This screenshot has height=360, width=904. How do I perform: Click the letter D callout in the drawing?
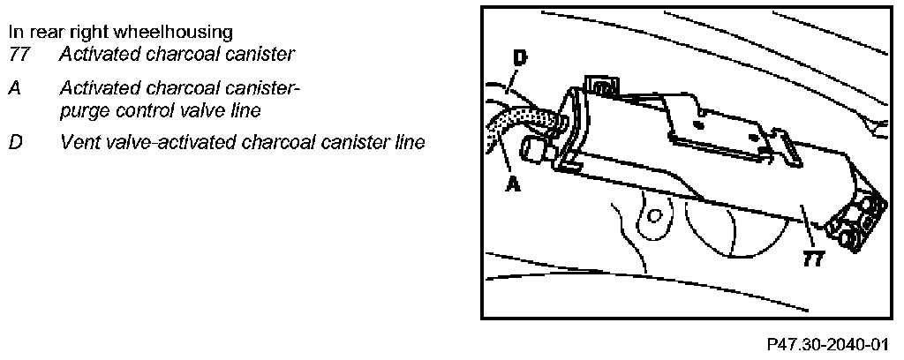(x=519, y=60)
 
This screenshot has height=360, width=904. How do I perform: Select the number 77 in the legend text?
(x=19, y=55)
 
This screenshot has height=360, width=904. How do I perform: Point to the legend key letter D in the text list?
(x=15, y=141)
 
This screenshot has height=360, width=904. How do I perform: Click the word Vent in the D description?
(x=79, y=141)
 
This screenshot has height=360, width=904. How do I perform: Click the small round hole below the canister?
(x=654, y=215)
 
